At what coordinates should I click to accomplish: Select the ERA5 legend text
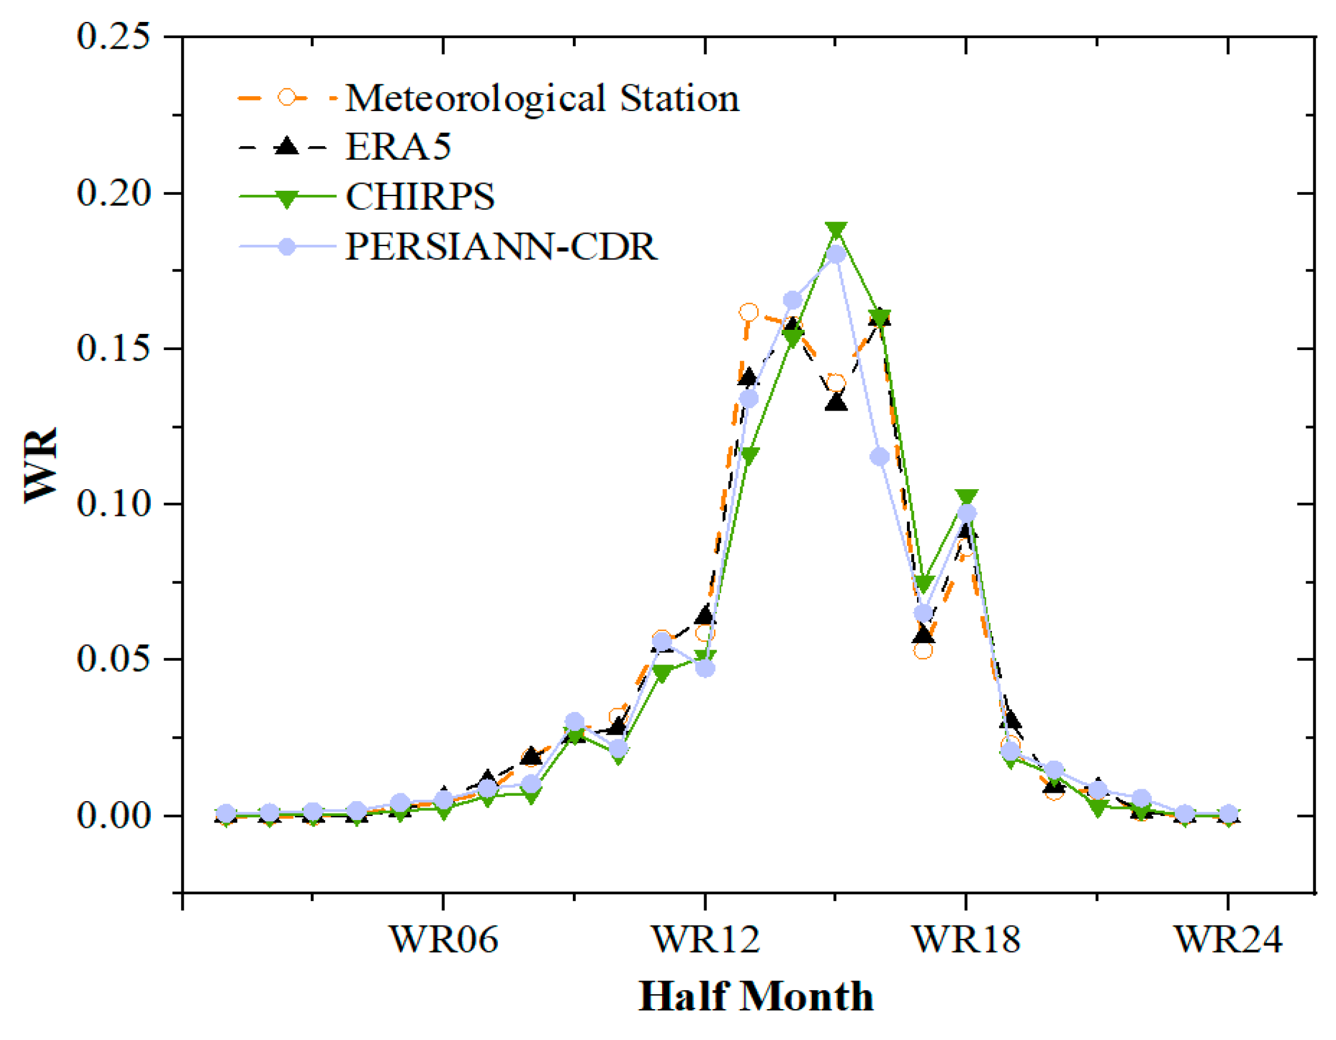click(398, 147)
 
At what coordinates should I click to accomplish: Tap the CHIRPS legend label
click(420, 197)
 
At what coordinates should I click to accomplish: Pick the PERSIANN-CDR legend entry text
click(501, 247)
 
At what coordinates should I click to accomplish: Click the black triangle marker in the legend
click(286, 147)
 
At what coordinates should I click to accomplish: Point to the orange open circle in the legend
click(286, 97)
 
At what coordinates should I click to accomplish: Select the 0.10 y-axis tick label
click(113, 503)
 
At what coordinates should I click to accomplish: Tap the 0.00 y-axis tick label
click(113, 815)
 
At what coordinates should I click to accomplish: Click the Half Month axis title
click(756, 998)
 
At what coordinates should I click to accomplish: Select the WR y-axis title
click(40, 465)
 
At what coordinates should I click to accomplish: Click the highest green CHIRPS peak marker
click(836, 230)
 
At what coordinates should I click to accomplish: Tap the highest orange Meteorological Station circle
click(749, 313)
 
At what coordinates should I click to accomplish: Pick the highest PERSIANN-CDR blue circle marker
click(836, 254)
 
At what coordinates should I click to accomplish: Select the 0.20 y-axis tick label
click(113, 193)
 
